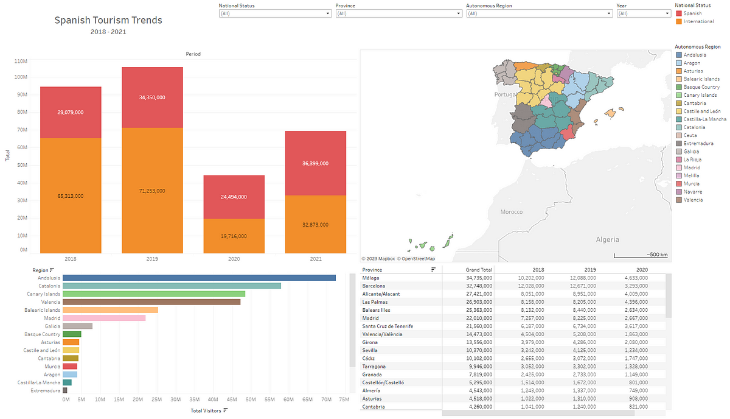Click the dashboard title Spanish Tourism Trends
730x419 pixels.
pos(108,20)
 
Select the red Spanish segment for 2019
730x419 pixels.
pos(152,97)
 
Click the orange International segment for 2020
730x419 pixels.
pos(234,236)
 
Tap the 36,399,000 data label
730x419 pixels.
pos(315,163)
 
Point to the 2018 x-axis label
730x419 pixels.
pos(71,259)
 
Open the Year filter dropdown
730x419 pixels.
pos(644,13)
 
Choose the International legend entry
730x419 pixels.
pos(695,21)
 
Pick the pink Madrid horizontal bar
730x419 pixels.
pos(104,318)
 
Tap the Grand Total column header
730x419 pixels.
pos(479,269)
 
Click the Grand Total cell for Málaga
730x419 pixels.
pos(479,278)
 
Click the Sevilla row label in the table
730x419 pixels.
pos(372,350)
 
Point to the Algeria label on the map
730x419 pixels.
pos(607,239)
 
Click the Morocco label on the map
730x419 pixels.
pos(511,212)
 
